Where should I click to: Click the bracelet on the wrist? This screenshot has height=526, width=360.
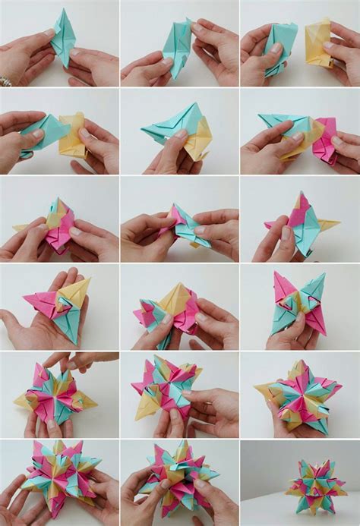(x=5, y=79)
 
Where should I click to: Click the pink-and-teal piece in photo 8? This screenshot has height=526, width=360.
(x=182, y=225)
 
